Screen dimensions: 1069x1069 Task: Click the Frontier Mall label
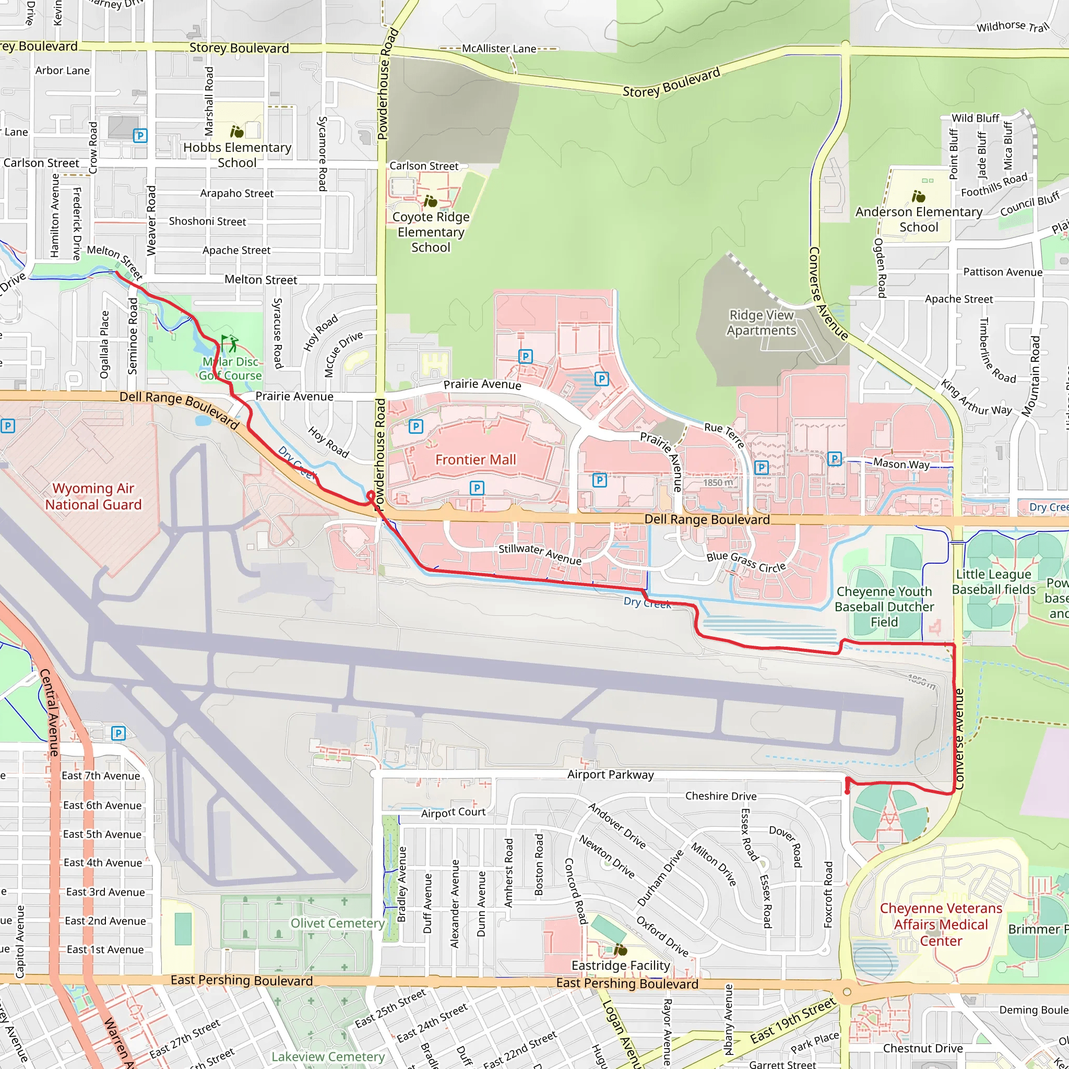[x=476, y=460]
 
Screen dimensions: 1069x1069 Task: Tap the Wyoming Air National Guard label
[x=93, y=496]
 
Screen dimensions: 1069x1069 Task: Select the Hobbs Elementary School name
[x=237, y=155]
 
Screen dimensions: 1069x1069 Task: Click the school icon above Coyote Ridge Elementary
[x=431, y=201]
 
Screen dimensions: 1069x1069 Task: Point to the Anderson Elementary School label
[x=919, y=220]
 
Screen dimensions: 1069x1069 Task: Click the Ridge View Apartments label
[x=762, y=323]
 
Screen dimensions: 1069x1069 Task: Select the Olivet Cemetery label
[x=338, y=923]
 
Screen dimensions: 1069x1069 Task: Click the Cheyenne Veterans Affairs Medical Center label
[x=941, y=924]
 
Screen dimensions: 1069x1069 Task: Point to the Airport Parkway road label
[x=610, y=775]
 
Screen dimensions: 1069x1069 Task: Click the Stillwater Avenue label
[x=540, y=554]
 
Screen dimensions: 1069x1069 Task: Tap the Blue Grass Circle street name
[x=746, y=562]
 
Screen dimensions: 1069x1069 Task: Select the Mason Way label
[x=901, y=464]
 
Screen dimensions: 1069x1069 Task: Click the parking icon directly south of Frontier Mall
[x=477, y=488]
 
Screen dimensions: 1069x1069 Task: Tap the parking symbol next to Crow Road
[x=140, y=136]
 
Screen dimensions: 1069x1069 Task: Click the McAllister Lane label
[x=499, y=49]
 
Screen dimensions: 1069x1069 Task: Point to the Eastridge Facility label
[x=620, y=966]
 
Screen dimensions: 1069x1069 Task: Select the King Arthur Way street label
[x=976, y=397]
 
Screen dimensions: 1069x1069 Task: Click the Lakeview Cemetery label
[x=328, y=1057]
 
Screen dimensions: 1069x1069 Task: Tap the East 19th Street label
[x=793, y=1021]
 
